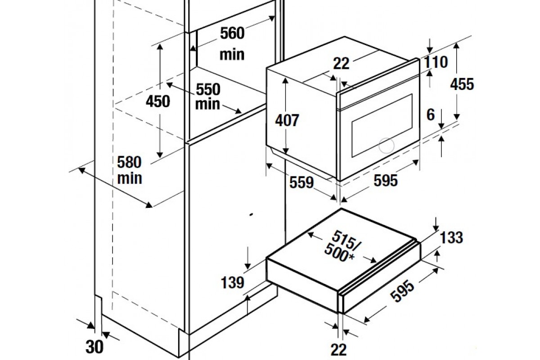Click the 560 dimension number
[x=232, y=33]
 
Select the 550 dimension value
[x=208, y=90]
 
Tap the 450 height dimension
[x=158, y=101]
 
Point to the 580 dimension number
[x=129, y=162]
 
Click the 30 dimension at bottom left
[x=94, y=347]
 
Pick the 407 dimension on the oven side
[x=287, y=120]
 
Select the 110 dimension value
[x=436, y=62]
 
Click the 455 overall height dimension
[x=462, y=84]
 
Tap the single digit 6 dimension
[x=431, y=115]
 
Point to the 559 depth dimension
[x=301, y=182]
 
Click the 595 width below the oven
[x=386, y=180]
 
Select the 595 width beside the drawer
[x=402, y=291]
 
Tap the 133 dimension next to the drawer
[x=451, y=238]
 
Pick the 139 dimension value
[x=232, y=283]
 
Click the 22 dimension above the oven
[x=341, y=63]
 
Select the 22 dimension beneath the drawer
[x=339, y=349]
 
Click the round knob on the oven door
[x=386, y=146]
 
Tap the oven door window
[x=382, y=126]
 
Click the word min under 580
[x=130, y=179]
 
